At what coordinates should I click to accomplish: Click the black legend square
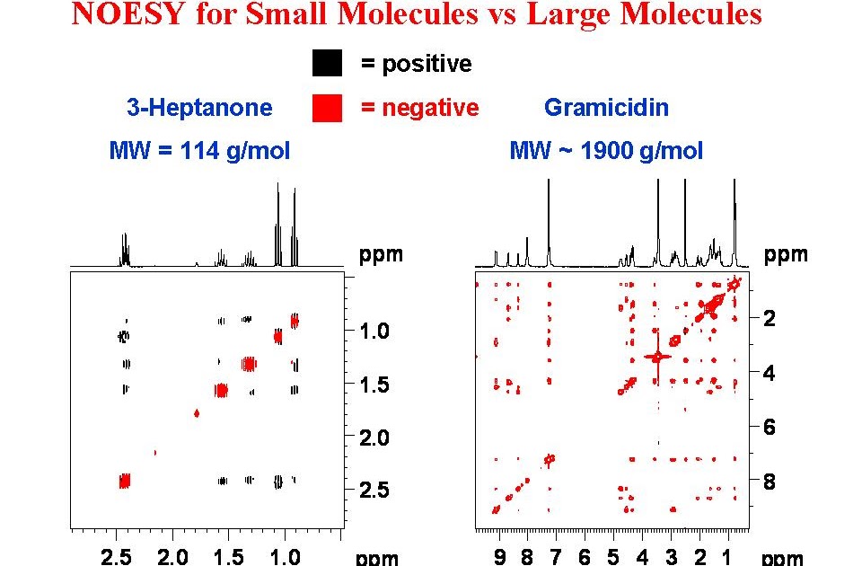click(x=327, y=64)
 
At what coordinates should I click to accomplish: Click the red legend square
click(x=327, y=108)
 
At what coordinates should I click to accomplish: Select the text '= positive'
click(x=416, y=64)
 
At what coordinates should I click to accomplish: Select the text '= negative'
click(x=419, y=108)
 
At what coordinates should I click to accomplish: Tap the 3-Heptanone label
click(x=198, y=108)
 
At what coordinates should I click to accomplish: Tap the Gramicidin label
click(x=606, y=108)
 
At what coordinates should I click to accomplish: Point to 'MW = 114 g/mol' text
click(x=199, y=150)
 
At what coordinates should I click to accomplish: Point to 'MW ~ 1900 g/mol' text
click(x=606, y=150)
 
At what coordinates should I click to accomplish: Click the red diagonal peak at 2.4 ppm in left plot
click(x=125, y=481)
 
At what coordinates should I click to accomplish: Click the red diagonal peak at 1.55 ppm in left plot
click(x=221, y=390)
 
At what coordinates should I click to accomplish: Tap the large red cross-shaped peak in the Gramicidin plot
click(x=658, y=357)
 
